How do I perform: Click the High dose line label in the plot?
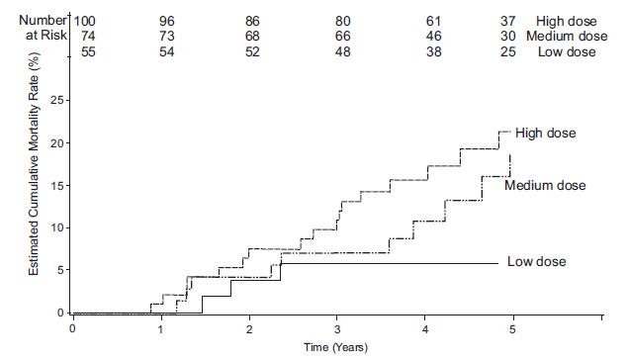click(546, 134)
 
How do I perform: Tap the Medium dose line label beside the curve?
click(545, 186)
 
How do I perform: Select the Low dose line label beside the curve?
click(538, 262)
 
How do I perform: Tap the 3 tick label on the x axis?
click(338, 327)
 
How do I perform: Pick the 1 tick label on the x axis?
click(161, 327)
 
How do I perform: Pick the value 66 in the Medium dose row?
click(343, 37)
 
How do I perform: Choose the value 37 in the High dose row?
click(510, 21)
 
